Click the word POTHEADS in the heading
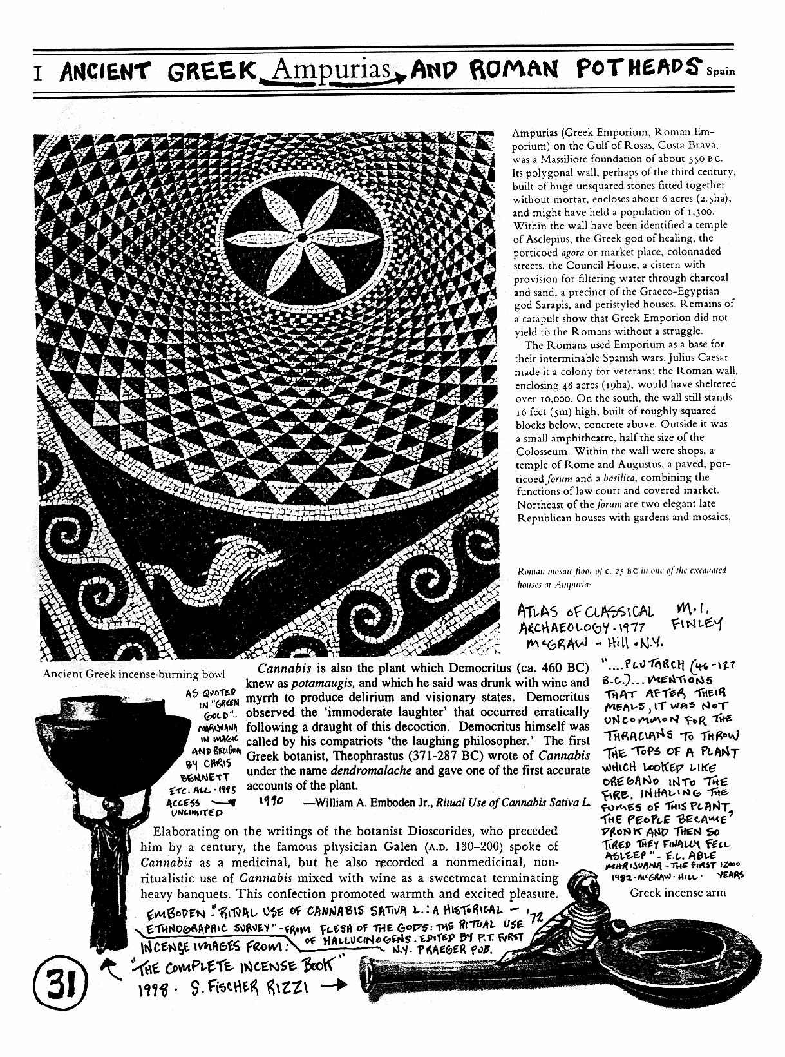pos(632,66)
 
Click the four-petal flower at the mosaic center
pos(299,238)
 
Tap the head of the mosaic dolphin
pos(264,553)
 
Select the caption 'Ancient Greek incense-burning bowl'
pos(133,675)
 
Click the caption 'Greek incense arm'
pos(677,893)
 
